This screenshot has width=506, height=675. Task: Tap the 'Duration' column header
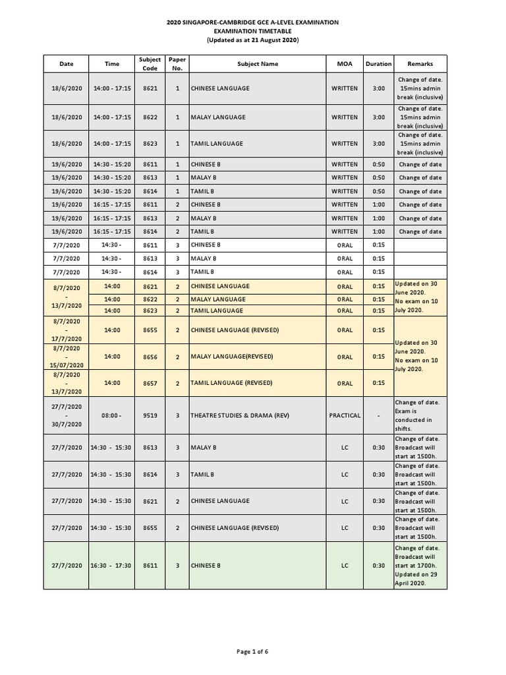pos(378,64)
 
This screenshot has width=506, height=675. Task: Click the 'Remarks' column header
pos(420,64)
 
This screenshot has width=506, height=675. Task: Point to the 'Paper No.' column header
pos(177,64)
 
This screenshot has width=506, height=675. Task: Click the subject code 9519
pos(150,415)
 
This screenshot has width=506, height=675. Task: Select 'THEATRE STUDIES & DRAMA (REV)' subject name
pos(239,415)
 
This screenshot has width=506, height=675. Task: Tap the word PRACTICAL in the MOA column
pos(345,415)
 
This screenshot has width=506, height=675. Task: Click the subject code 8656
pos(150,357)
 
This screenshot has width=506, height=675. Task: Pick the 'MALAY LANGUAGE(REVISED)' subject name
pos(231,357)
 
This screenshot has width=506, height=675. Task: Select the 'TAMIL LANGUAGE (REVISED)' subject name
pos(232,382)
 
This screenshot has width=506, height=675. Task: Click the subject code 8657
pos(150,382)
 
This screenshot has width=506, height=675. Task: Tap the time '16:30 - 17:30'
pos(112,566)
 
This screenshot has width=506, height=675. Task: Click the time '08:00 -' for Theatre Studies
pos(112,415)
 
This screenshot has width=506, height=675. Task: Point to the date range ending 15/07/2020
pos(67,357)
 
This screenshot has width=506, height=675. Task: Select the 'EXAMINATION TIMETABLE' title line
pos(252,31)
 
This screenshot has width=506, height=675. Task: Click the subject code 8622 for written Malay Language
pos(150,117)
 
